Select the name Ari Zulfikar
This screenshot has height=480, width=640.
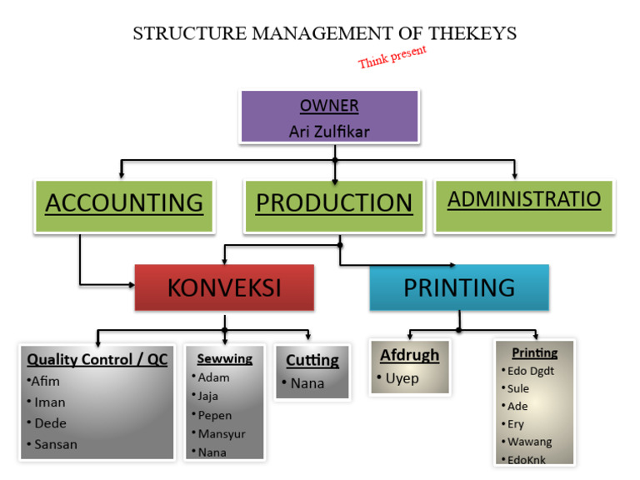coord(329,132)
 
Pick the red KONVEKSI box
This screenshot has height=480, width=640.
coord(224,288)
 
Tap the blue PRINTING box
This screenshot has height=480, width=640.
coord(459,288)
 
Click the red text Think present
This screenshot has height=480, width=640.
coord(392,57)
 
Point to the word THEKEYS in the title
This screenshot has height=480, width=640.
coord(472,33)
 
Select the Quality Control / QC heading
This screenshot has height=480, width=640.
coord(97,361)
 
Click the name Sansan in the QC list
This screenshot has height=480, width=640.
coord(56,444)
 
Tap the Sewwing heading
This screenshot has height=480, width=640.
coord(224,359)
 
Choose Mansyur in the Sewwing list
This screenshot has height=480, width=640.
coord(222,434)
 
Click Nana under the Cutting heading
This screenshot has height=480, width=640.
coord(307,384)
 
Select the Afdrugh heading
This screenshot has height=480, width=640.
coord(409,356)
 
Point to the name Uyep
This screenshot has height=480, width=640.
coord(402,379)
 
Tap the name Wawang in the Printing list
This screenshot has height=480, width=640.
coord(530,442)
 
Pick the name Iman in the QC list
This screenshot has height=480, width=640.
coord(50,402)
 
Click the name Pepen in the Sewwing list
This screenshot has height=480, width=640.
coord(215,415)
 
